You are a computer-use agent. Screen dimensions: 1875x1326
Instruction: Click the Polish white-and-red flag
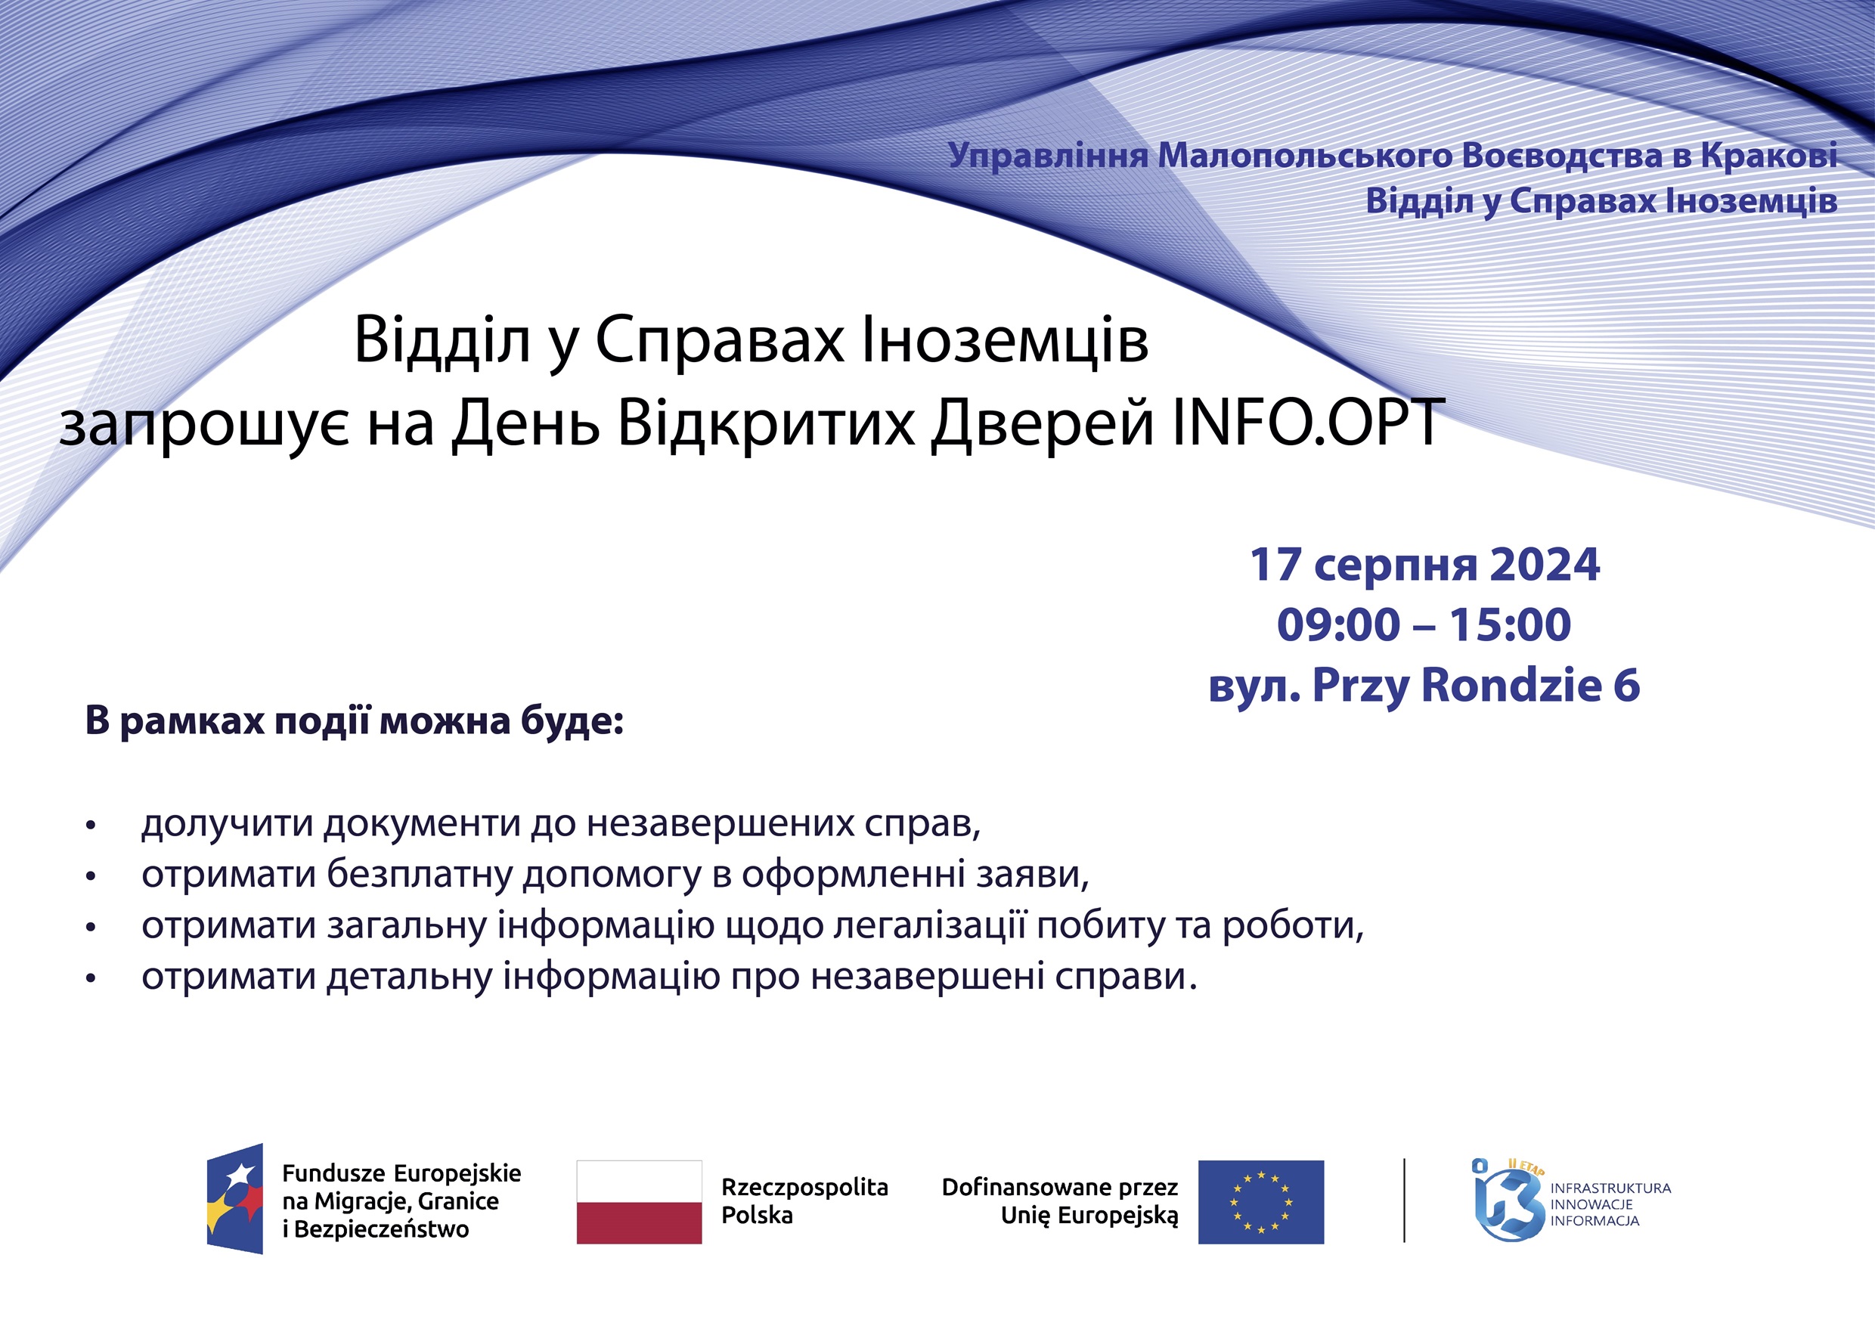point(640,1202)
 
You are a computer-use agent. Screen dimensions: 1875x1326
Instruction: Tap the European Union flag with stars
point(1261,1202)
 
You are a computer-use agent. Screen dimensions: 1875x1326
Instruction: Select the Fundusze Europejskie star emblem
point(235,1199)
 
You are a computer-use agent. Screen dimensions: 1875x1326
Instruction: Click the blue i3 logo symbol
point(1508,1201)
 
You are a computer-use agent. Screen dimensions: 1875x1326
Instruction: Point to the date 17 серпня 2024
point(1424,564)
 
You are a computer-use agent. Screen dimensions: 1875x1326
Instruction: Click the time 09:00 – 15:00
point(1424,624)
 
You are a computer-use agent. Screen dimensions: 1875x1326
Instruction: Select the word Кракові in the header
point(1769,155)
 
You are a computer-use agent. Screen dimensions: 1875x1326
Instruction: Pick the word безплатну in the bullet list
point(420,875)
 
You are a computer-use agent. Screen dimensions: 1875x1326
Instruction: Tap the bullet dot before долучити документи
point(91,826)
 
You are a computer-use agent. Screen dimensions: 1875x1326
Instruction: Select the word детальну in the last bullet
point(409,977)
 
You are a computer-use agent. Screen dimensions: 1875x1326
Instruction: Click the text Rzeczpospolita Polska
point(804,1201)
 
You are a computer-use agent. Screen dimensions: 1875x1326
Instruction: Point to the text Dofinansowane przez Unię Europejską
point(1060,1201)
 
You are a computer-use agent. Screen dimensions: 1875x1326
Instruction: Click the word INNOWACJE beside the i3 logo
point(1591,1204)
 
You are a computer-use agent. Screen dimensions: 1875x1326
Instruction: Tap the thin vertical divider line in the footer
point(1404,1201)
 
